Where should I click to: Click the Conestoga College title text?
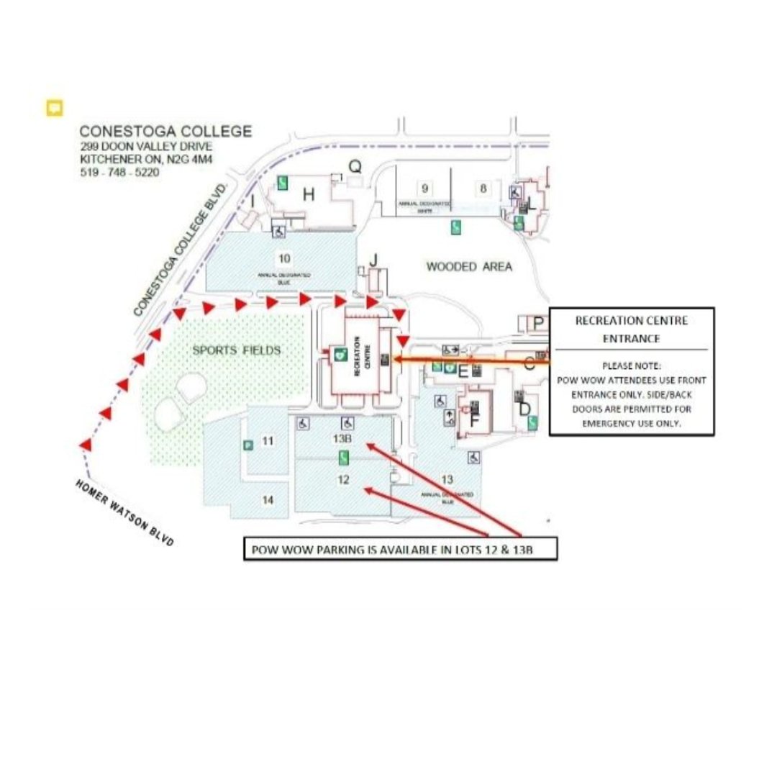[165, 132]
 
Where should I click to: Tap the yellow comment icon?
[54, 108]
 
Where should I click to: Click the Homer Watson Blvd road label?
[124, 512]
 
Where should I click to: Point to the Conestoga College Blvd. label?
[181, 249]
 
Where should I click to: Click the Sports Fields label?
[236, 350]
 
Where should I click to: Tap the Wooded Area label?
[469, 267]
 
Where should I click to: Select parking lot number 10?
[285, 258]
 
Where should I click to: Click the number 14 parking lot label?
[268, 500]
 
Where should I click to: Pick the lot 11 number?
[268, 440]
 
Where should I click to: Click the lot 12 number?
[343, 479]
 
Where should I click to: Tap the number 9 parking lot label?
[425, 188]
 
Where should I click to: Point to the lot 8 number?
[483, 188]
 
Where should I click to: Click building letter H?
[309, 194]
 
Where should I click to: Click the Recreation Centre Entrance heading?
[631, 329]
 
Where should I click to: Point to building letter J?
[373, 260]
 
